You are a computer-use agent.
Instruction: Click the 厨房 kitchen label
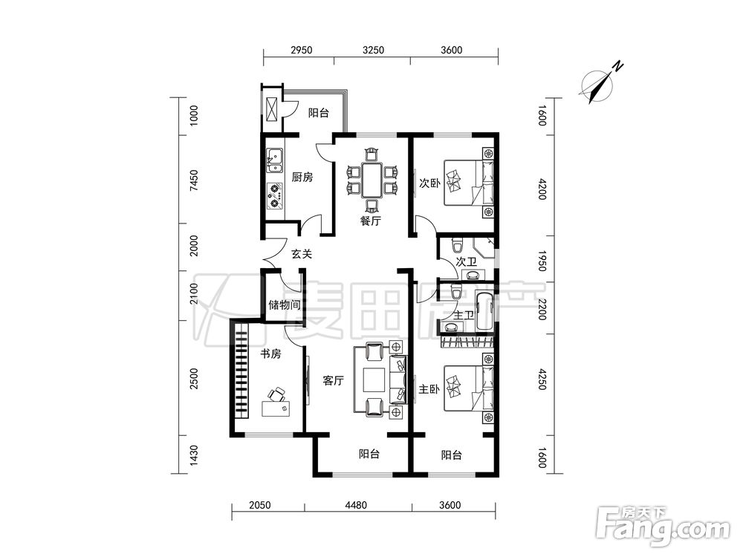tap(302, 177)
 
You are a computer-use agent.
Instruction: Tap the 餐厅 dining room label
tap(371, 221)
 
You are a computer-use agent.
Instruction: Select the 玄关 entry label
tap(302, 254)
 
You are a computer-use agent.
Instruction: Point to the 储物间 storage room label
tap(285, 304)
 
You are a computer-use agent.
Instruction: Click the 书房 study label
tap(270, 354)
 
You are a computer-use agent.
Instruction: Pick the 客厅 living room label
tap(333, 380)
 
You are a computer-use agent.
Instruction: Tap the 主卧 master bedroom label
tap(429, 389)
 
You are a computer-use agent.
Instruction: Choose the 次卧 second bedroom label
tap(429, 183)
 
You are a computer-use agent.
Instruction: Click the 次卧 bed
tap(469, 183)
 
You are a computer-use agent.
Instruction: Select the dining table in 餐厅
tap(372, 180)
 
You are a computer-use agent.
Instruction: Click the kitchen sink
tap(274, 160)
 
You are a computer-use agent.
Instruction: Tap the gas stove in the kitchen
tap(275, 196)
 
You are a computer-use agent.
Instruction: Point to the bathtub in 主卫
tap(484, 313)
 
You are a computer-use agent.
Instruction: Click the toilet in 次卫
tap(457, 246)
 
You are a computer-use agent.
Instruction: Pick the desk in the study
tap(276, 408)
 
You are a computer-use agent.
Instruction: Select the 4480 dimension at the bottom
tap(355, 505)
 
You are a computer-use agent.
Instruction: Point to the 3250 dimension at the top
tap(374, 50)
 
